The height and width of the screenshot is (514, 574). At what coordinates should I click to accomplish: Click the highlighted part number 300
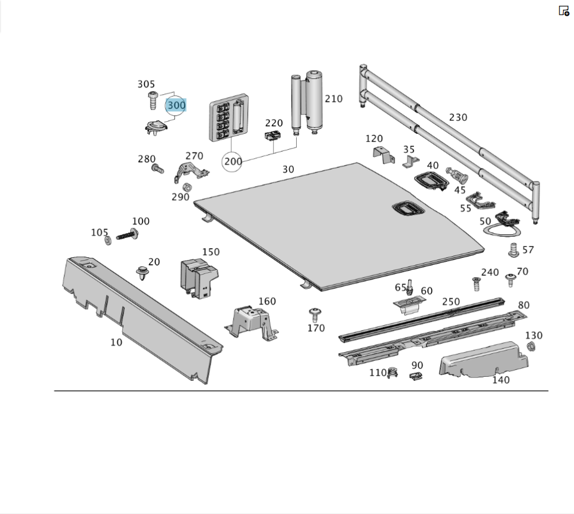[x=176, y=106]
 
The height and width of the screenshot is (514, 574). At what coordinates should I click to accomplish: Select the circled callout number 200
[x=233, y=161]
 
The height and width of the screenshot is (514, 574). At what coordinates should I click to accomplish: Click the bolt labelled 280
[x=157, y=169]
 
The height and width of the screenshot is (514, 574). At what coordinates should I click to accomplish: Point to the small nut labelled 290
[x=187, y=187]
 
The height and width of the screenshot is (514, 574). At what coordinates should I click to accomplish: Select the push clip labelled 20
[x=140, y=273]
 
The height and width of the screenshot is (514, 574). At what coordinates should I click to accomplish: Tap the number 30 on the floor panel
[x=288, y=169]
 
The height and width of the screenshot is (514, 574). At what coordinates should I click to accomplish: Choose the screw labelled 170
[x=314, y=314]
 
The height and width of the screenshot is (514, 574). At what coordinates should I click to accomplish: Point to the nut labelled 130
[x=531, y=346]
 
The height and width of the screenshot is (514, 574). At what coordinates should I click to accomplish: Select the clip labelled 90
[x=416, y=376]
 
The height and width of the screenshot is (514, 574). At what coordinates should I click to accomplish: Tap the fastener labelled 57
[x=514, y=250]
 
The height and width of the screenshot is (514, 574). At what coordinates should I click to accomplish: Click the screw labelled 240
[x=476, y=283]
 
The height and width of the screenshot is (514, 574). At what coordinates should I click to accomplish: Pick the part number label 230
[x=457, y=117]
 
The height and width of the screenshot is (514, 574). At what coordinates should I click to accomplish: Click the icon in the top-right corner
[x=564, y=10]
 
